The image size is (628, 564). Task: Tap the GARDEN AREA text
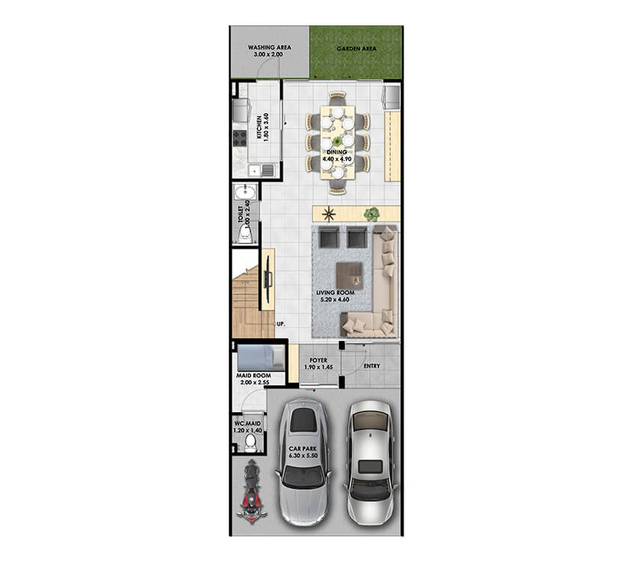pyautogui.click(x=357, y=49)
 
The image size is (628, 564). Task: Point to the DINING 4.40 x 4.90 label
pyautogui.click(x=337, y=156)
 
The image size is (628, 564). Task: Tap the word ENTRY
pyautogui.click(x=372, y=366)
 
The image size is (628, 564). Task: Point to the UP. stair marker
pyautogui.click(x=281, y=324)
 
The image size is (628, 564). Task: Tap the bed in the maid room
pyautogui.click(x=261, y=358)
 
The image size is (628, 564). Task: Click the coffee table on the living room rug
pyautogui.click(x=350, y=275)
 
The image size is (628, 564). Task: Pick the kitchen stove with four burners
pyautogui.click(x=240, y=138)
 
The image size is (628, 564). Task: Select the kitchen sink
pyautogui.click(x=262, y=171)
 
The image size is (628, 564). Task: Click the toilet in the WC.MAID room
pyautogui.click(x=250, y=441)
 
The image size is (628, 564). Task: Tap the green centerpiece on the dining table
pyautogui.click(x=337, y=141)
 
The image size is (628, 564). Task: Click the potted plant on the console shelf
pyautogui.click(x=372, y=215)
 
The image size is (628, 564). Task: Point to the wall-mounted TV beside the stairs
pyautogui.click(x=268, y=279)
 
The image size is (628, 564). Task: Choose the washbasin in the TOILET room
pyautogui.click(x=244, y=193)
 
